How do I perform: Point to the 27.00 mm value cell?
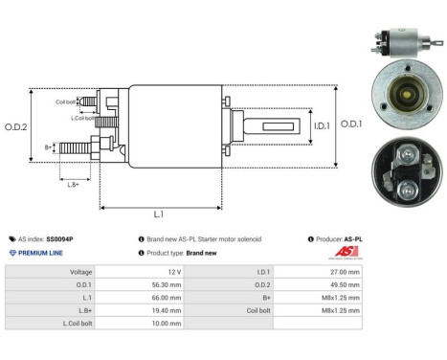(x=344, y=272)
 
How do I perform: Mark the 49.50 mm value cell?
(x=344, y=284)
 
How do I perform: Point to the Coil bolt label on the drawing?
(x=66, y=101)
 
